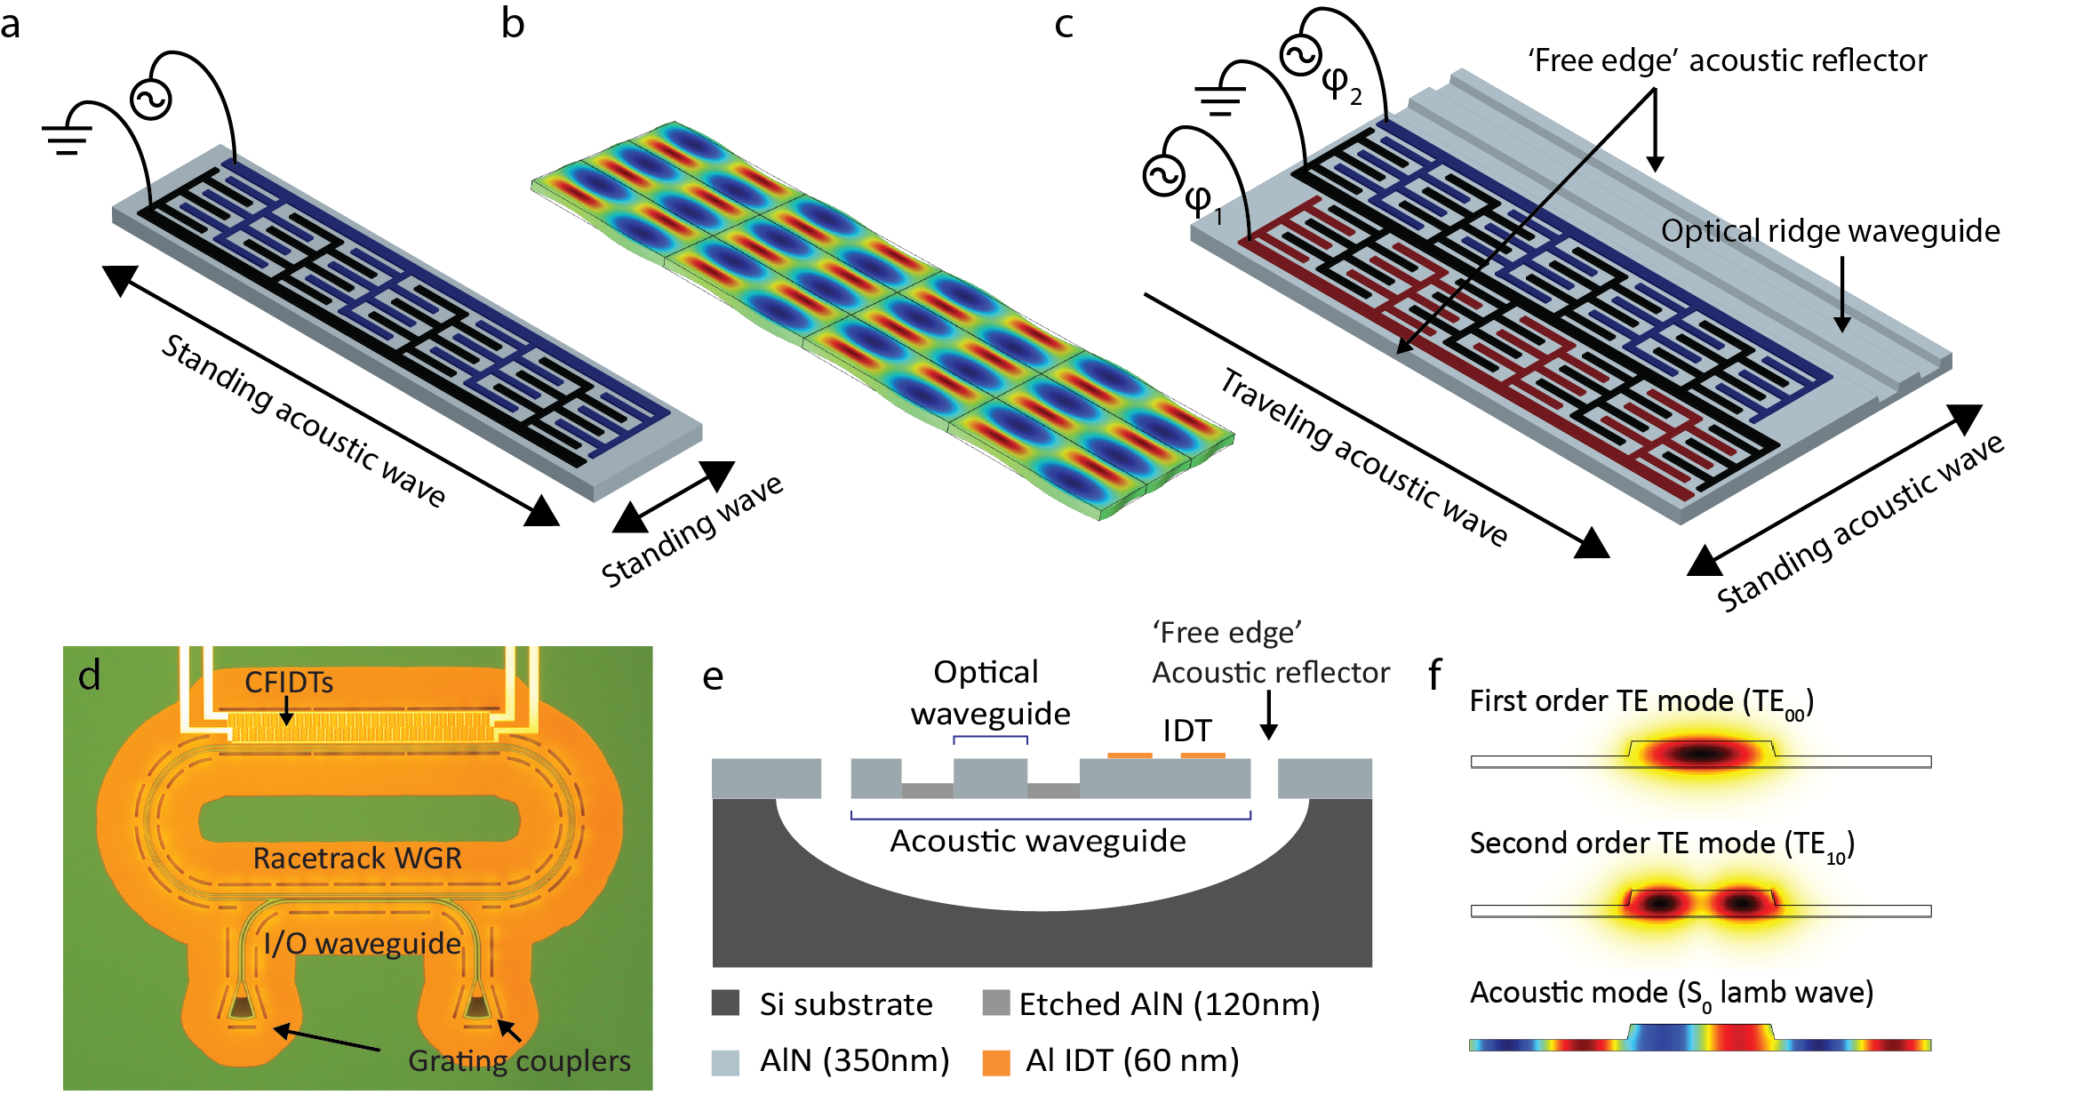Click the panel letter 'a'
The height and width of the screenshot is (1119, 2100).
click(x=10, y=25)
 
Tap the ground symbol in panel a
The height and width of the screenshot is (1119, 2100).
click(x=67, y=139)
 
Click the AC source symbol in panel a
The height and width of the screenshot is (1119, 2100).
click(x=151, y=99)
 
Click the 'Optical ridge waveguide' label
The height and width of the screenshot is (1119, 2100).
click(x=1831, y=231)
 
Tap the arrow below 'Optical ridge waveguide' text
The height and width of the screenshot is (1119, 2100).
click(x=1842, y=294)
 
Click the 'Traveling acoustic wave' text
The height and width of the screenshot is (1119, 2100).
click(x=1364, y=457)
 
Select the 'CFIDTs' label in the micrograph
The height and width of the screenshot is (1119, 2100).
click(x=289, y=682)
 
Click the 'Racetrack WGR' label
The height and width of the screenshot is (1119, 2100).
click(x=357, y=858)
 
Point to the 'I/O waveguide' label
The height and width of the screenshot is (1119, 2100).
click(x=363, y=943)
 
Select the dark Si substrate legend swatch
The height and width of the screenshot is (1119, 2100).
click(x=726, y=1003)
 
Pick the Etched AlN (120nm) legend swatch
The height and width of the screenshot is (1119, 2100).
click(x=996, y=1003)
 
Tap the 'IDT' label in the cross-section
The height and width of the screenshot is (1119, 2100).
click(x=1187, y=731)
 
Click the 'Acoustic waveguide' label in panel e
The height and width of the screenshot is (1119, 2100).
click(x=1038, y=841)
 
